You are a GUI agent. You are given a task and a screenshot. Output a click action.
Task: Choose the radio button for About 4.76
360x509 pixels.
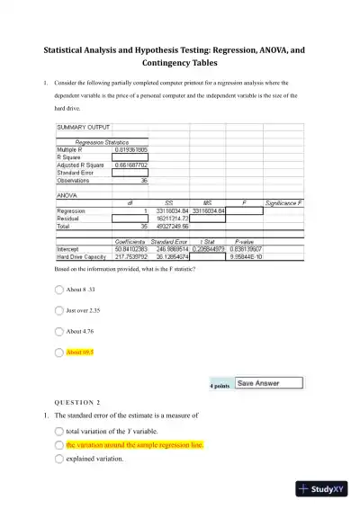[59, 331]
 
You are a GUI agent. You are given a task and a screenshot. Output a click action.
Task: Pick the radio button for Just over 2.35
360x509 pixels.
[59, 310]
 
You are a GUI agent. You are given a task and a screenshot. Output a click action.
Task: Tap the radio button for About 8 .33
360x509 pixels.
[59, 290]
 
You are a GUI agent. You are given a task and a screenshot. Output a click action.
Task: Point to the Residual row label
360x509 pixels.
[69, 219]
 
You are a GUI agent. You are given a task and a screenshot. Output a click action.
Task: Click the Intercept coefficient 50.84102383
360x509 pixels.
[124, 249]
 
